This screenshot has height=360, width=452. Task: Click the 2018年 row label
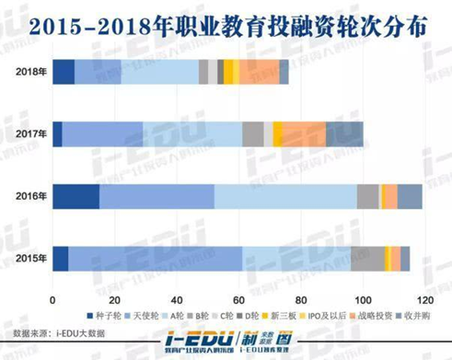click(x=29, y=72)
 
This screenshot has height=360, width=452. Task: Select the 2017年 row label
click(x=29, y=134)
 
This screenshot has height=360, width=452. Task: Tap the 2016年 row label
click(x=29, y=196)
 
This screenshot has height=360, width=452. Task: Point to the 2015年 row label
click(x=29, y=259)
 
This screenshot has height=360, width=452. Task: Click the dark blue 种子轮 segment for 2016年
click(x=75, y=196)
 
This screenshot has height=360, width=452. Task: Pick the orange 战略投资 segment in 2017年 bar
click(x=304, y=134)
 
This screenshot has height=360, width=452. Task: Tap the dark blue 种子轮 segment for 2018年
click(x=64, y=72)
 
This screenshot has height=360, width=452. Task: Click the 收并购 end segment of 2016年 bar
click(x=410, y=196)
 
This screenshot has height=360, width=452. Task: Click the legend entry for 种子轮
click(x=107, y=316)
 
